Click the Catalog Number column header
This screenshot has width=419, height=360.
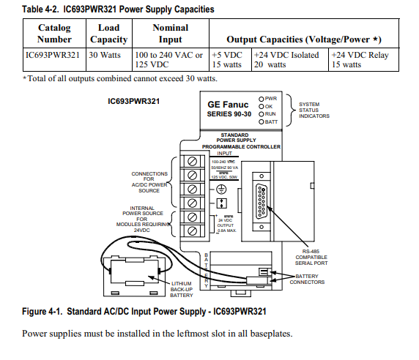coord(55,33)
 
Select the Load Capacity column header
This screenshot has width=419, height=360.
coord(108,33)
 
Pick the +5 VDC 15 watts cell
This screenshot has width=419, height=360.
coord(229,59)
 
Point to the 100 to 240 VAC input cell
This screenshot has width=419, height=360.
coord(168,59)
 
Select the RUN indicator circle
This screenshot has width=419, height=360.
coord(262,114)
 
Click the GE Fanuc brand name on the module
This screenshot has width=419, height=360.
coord(227,105)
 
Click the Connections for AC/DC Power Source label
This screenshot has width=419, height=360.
coord(149,181)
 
